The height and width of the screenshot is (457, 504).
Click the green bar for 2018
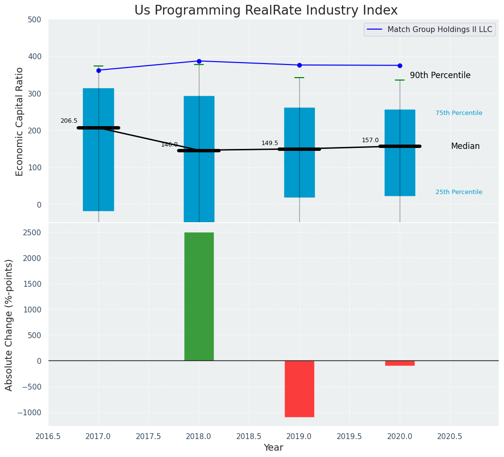(199, 296)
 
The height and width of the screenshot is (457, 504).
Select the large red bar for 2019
(299, 389)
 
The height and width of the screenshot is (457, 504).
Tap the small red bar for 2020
(400, 363)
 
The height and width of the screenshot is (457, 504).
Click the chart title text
(266, 11)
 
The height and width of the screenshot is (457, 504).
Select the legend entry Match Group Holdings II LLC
(439, 30)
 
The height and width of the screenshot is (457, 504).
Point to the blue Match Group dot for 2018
(199, 61)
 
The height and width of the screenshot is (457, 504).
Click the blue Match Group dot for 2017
(98, 70)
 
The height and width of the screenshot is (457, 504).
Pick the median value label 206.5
(69, 121)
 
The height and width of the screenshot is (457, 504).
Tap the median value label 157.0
(370, 140)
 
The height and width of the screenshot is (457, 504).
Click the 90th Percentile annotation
(440, 76)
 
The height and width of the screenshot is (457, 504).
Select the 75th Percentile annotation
(459, 113)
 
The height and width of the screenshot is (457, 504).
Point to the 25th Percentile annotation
(459, 192)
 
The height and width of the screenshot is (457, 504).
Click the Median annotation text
(465, 147)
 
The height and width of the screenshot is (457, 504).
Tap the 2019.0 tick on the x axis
(299, 436)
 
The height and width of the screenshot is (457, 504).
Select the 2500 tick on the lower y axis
(32, 233)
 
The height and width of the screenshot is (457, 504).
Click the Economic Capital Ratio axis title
(20, 121)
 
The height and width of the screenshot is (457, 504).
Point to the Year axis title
(274, 448)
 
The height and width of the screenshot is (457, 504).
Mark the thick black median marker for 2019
(299, 149)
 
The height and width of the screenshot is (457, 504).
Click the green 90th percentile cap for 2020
(400, 80)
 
